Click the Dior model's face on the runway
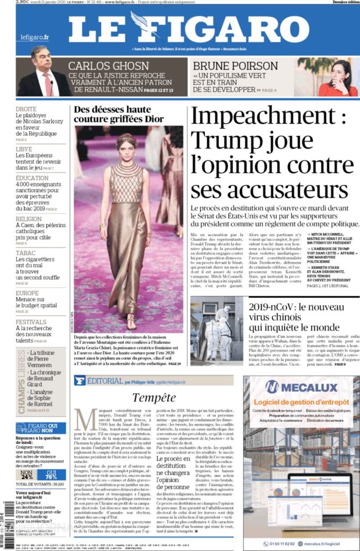click(126, 151)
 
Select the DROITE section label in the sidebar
click(26, 109)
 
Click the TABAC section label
click(25, 252)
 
